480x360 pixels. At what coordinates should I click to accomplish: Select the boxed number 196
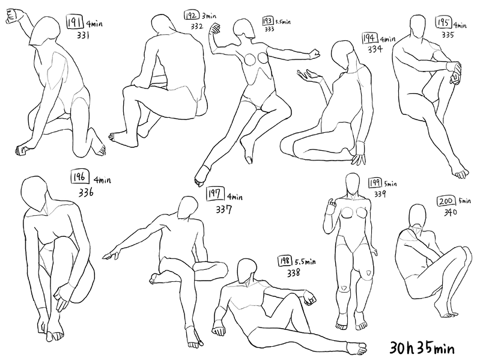click(80, 177)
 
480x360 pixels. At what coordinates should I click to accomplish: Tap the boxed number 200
click(446, 201)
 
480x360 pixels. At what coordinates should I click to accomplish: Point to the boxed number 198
click(285, 260)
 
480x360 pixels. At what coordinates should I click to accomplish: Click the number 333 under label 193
click(269, 29)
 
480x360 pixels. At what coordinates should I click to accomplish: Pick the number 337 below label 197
click(223, 209)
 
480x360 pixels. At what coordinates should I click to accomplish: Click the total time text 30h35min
click(422, 348)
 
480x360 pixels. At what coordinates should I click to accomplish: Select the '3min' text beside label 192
click(209, 16)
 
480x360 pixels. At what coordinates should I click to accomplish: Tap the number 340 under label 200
click(451, 212)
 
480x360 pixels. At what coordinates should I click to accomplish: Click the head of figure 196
click(34, 193)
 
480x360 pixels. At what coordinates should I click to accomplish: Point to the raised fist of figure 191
click(13, 16)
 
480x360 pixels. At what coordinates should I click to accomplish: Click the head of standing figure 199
click(353, 184)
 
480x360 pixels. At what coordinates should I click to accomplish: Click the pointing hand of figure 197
click(111, 254)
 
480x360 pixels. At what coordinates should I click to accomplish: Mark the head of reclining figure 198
click(247, 271)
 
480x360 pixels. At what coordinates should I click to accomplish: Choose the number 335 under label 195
click(448, 35)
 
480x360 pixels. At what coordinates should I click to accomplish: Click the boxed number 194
click(370, 38)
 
